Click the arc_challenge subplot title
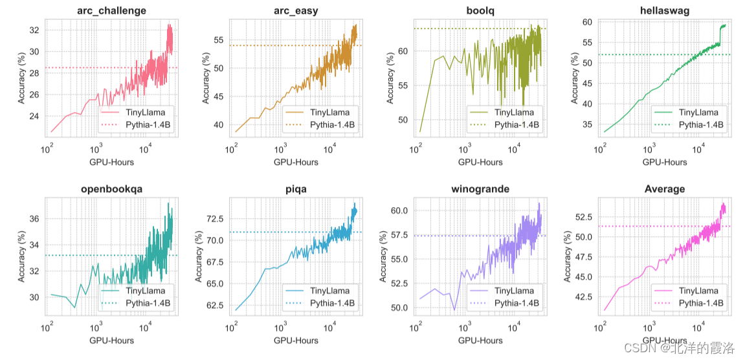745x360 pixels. pos(111,10)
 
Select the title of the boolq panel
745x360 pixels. pos(480,10)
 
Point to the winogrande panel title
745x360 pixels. pos(480,189)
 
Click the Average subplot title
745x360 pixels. pos(665,189)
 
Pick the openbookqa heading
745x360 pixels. pos(111,189)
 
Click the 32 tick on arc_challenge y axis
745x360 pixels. pos(34,30)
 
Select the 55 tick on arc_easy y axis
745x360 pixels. pos(218,40)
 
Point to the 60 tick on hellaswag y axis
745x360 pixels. pos(587,22)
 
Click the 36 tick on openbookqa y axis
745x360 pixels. pos(34,219)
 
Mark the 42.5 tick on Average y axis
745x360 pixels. pos(583,297)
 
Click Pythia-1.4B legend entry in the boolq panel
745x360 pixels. pos(513,125)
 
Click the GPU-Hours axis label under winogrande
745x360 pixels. pos(480,341)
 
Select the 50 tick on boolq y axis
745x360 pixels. pos(403,120)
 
